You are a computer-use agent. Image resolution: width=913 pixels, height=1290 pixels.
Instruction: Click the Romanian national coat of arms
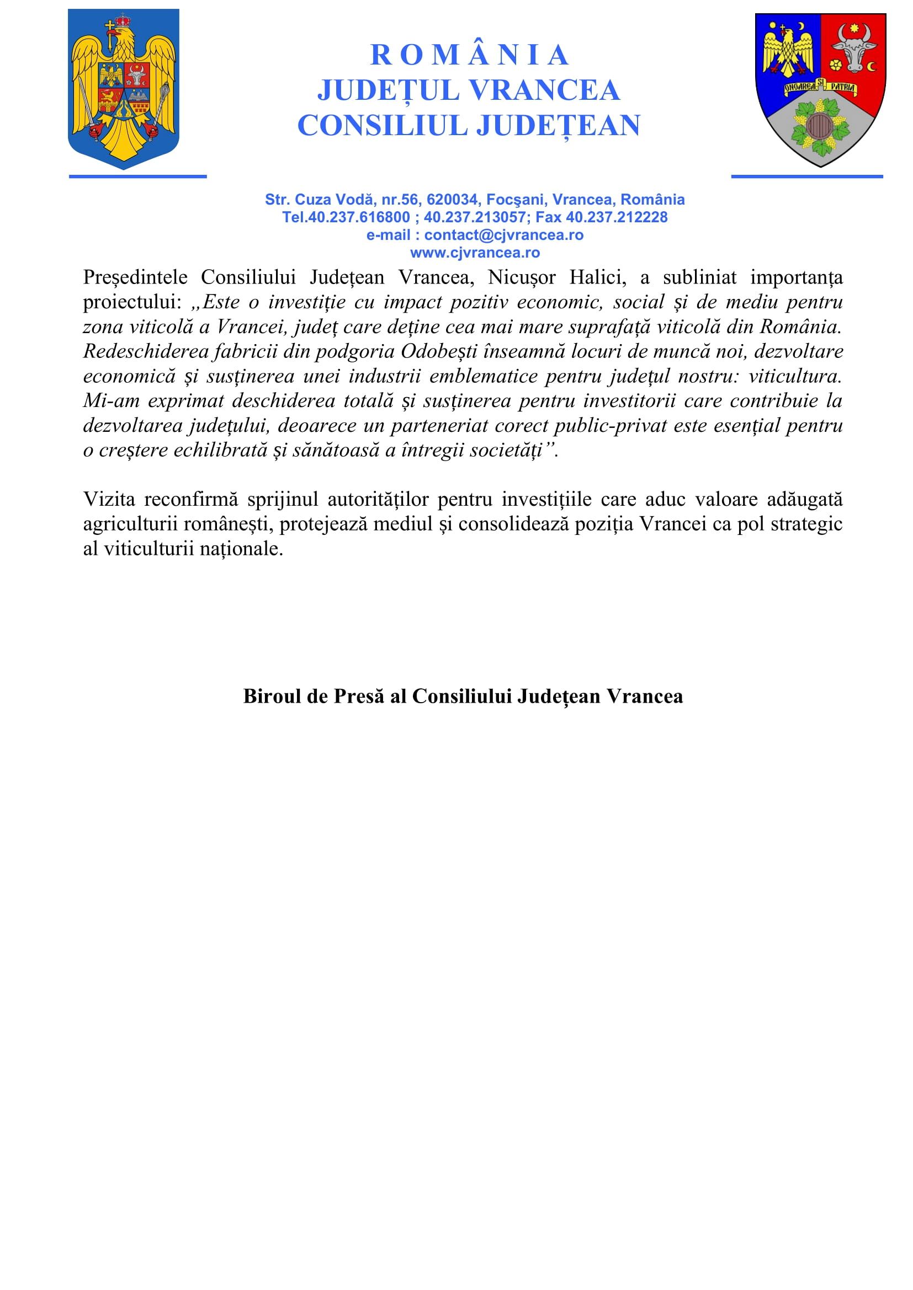123,89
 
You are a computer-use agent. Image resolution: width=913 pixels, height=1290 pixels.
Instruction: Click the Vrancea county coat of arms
820,90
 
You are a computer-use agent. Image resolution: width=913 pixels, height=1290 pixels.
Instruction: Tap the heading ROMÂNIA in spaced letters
469,55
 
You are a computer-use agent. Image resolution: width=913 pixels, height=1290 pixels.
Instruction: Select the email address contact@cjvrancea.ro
504,235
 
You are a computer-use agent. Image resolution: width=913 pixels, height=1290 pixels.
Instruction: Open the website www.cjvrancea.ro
475,253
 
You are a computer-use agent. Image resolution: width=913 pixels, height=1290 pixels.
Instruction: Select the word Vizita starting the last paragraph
110,499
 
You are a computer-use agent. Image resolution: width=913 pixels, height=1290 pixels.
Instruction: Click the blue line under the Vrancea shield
807,176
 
